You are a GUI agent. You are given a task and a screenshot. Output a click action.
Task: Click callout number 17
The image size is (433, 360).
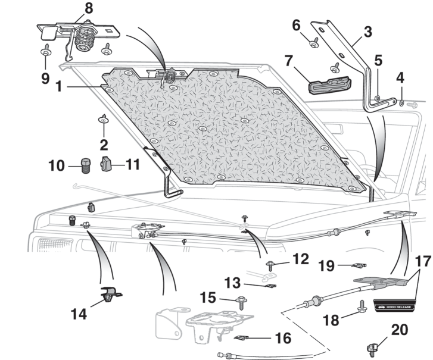422,260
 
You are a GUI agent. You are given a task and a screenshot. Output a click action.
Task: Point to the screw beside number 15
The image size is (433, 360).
242,302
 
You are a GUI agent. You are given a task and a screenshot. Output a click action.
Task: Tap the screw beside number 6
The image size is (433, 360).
315,42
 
